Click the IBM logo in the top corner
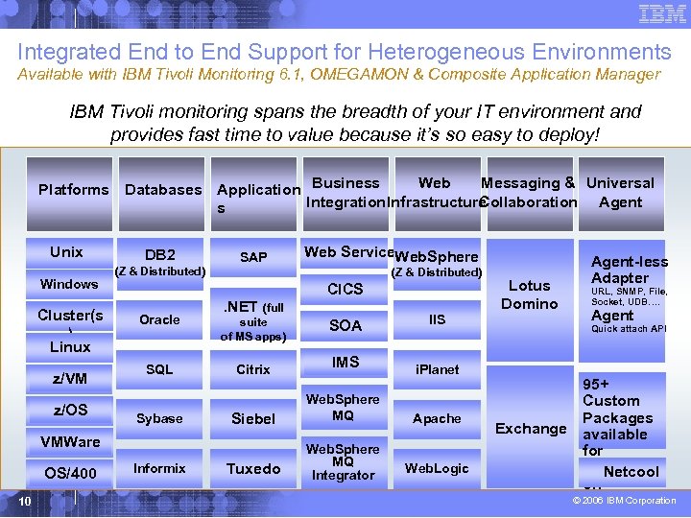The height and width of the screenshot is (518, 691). (662, 13)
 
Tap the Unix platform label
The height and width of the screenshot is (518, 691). (66, 252)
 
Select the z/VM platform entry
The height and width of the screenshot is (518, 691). (69, 378)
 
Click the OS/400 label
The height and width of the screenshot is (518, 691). (70, 473)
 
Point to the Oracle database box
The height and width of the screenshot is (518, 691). (159, 319)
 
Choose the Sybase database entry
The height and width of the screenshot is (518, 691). (159, 418)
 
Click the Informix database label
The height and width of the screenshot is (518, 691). (159, 468)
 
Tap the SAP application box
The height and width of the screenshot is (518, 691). (253, 257)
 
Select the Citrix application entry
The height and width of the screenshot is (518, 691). (253, 369)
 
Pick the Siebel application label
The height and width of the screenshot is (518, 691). (253, 419)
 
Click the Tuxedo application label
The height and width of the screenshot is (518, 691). (253, 469)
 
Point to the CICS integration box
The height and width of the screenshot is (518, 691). (345, 289)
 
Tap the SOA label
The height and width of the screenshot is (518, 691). (345, 326)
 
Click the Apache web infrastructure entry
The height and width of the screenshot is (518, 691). (437, 418)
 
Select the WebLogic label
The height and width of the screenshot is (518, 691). (437, 468)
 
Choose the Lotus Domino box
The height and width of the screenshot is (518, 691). (530, 294)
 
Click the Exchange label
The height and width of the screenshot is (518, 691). (530, 429)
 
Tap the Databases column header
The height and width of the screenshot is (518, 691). (163, 190)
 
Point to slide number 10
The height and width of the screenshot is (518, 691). (26, 501)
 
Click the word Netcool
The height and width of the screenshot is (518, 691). (631, 472)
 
